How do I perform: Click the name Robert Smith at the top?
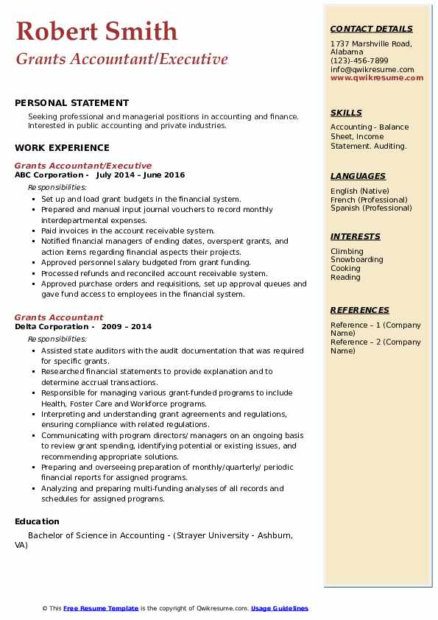click(x=96, y=31)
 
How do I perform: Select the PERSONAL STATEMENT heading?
click(x=71, y=103)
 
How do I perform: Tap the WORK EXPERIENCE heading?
click(x=62, y=148)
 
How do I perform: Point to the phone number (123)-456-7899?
click(x=359, y=61)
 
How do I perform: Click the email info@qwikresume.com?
click(x=372, y=70)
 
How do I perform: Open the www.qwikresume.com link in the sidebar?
click(x=377, y=78)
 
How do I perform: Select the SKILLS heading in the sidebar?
click(x=346, y=113)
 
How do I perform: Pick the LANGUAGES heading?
click(x=358, y=177)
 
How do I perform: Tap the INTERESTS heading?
click(x=355, y=237)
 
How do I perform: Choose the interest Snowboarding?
click(x=356, y=260)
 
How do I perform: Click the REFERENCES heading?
click(x=359, y=311)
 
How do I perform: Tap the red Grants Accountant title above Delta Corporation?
click(x=59, y=318)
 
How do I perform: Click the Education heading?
click(x=37, y=522)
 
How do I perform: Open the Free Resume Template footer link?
click(x=101, y=608)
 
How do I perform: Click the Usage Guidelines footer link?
click(x=280, y=608)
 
